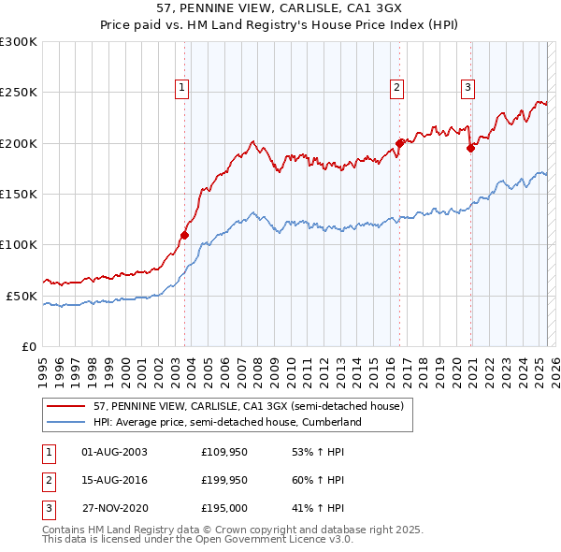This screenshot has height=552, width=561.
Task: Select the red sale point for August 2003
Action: [184, 235]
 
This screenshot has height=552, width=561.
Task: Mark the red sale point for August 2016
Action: [399, 143]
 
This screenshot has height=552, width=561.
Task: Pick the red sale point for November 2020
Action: [470, 148]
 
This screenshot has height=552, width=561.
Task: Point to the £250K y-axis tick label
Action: [19, 93]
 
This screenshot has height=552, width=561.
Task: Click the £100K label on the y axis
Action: [19, 244]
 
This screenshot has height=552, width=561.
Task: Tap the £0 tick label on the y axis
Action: [28, 346]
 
